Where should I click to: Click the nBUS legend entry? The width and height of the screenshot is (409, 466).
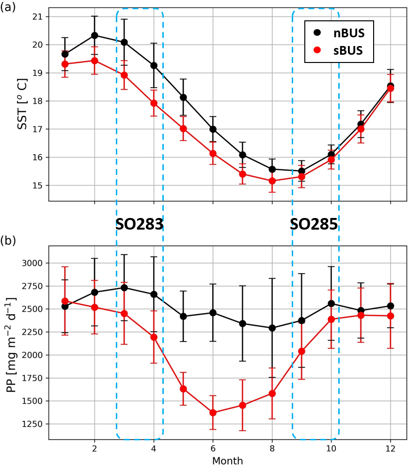(x=339, y=32)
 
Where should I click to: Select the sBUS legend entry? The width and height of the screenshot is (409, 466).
(x=339, y=51)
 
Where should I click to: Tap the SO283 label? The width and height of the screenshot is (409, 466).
(x=139, y=224)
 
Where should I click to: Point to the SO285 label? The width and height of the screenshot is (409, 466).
(x=314, y=224)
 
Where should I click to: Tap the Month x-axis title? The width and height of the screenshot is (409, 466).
(x=227, y=460)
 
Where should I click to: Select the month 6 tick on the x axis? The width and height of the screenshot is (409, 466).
(x=213, y=448)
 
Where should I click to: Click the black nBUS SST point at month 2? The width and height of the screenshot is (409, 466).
(x=94, y=35)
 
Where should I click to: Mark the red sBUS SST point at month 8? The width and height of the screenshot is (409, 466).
(x=272, y=181)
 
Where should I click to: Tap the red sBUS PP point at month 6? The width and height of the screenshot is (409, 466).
(x=213, y=413)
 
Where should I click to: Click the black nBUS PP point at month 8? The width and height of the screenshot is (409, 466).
(x=272, y=328)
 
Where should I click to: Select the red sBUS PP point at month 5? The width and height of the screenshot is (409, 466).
(x=183, y=388)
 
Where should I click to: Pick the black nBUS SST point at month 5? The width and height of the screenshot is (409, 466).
(x=183, y=97)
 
